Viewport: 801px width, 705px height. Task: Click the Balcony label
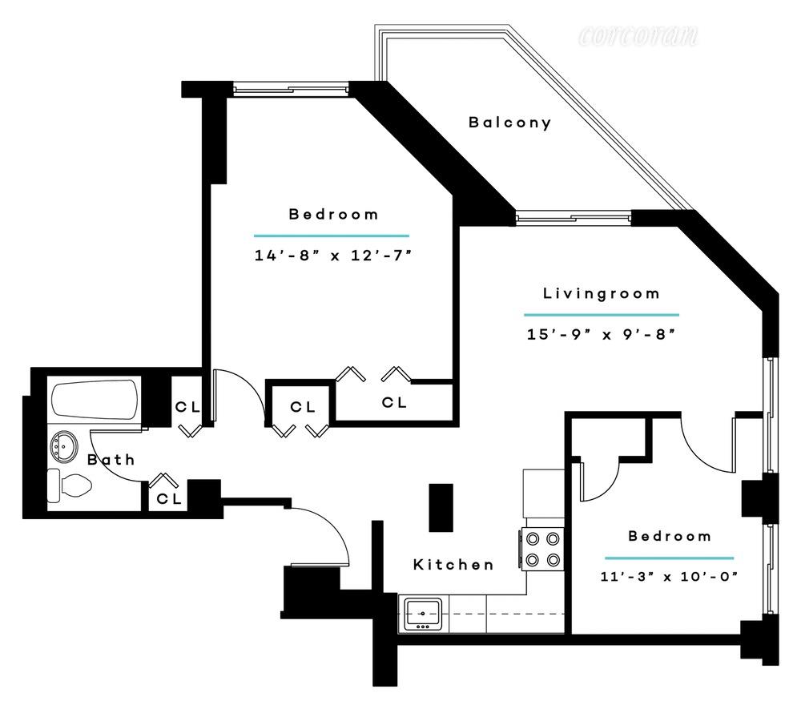pos(510,123)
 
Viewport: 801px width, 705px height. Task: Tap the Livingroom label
pos(602,293)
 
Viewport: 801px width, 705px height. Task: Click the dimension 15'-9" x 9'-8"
pos(602,334)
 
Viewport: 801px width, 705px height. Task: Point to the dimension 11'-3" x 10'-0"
pos(669,576)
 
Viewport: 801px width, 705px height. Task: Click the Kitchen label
pos(453,565)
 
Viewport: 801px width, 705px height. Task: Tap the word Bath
pos(111,460)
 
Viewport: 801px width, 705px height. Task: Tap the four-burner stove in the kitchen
pos(542,549)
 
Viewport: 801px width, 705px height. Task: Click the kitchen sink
pos(422,614)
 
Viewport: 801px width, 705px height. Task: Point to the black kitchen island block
pos(441,507)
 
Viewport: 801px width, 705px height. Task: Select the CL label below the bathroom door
pos(169,498)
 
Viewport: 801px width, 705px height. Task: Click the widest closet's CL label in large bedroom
pos(394,402)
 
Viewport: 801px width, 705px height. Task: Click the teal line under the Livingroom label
pos(602,315)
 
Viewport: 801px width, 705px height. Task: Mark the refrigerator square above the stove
pos(543,492)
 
